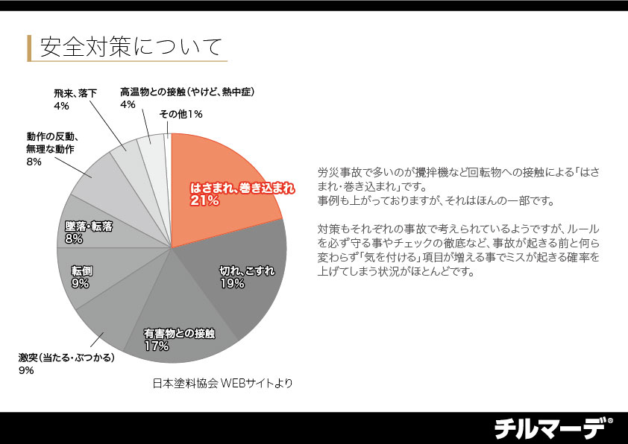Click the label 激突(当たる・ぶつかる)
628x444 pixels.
[x=66, y=358]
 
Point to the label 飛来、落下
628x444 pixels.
[x=75, y=93]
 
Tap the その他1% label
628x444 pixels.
[x=181, y=114]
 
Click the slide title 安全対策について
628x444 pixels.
[x=131, y=47]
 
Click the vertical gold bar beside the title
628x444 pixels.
[x=28, y=47]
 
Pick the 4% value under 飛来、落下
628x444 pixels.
[x=61, y=107]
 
